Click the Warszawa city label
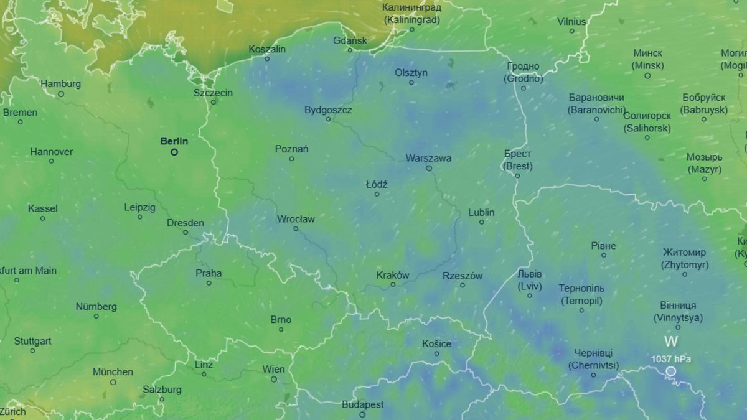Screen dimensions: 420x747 coord(428,158)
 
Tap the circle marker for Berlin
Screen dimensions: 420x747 coord(174,152)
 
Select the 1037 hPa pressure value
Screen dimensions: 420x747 coord(670,358)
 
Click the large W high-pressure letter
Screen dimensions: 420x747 coord(670,342)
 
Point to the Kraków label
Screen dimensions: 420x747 coord(393,275)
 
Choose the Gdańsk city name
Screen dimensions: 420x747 coord(350,40)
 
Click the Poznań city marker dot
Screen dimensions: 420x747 coord(291,159)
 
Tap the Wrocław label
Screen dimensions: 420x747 coord(296,219)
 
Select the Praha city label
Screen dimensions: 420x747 coord(209,273)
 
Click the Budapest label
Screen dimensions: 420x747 coord(362,404)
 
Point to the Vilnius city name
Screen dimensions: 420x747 coord(571,22)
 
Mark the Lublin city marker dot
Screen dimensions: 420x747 coord(482,222)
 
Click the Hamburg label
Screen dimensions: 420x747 coord(60,84)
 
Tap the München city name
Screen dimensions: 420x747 coord(113,372)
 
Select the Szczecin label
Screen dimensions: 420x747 coord(213,93)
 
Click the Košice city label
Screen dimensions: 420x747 coord(436,343)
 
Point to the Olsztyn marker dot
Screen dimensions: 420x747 coord(411,82)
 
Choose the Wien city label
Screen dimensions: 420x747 coord(273,369)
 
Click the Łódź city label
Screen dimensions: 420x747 coord(377,184)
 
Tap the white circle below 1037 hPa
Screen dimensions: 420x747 coord(670,371)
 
